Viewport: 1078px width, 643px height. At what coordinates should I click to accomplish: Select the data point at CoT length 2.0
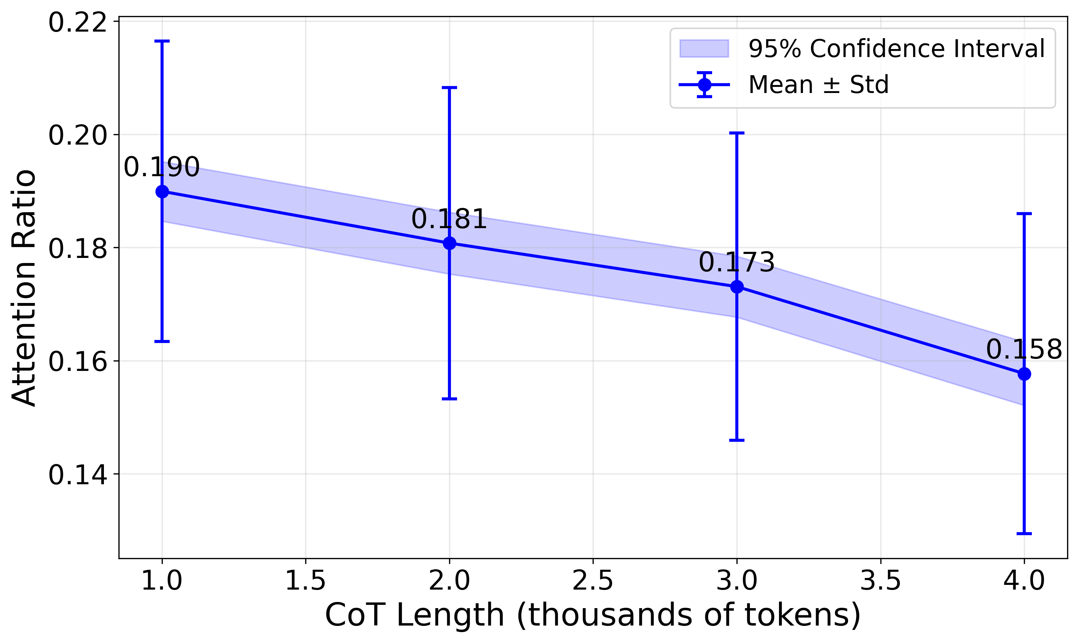(449, 243)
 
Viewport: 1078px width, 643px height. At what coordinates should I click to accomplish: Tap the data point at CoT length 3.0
(736, 287)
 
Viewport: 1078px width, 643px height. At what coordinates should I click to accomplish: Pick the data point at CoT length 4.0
(1024, 374)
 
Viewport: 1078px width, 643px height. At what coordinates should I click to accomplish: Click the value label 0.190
(162, 167)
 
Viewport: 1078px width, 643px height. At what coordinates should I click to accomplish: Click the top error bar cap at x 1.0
(162, 41)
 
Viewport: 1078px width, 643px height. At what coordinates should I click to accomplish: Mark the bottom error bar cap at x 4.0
(1024, 533)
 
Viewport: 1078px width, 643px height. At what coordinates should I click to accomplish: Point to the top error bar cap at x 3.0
(736, 133)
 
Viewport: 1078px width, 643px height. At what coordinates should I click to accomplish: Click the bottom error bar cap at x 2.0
(449, 399)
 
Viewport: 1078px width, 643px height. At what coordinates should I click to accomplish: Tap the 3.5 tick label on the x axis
(880, 581)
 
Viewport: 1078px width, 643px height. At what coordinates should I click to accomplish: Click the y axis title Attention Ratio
(24, 288)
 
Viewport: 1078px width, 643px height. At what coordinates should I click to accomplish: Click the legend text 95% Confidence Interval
(896, 49)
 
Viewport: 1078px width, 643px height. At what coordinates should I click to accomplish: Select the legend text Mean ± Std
(819, 85)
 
